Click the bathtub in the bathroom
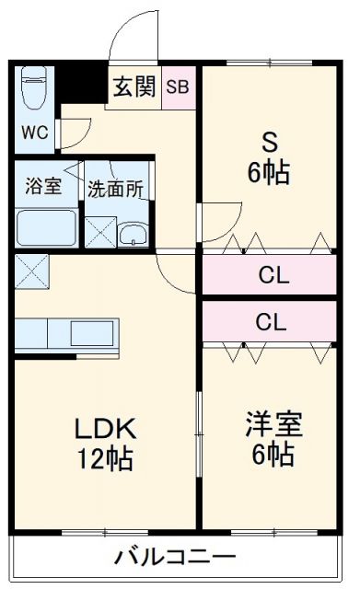pos(46,226)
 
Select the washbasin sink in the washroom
pos(135,231)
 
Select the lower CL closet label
pos(270,322)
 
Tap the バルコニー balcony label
pos(176,557)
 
